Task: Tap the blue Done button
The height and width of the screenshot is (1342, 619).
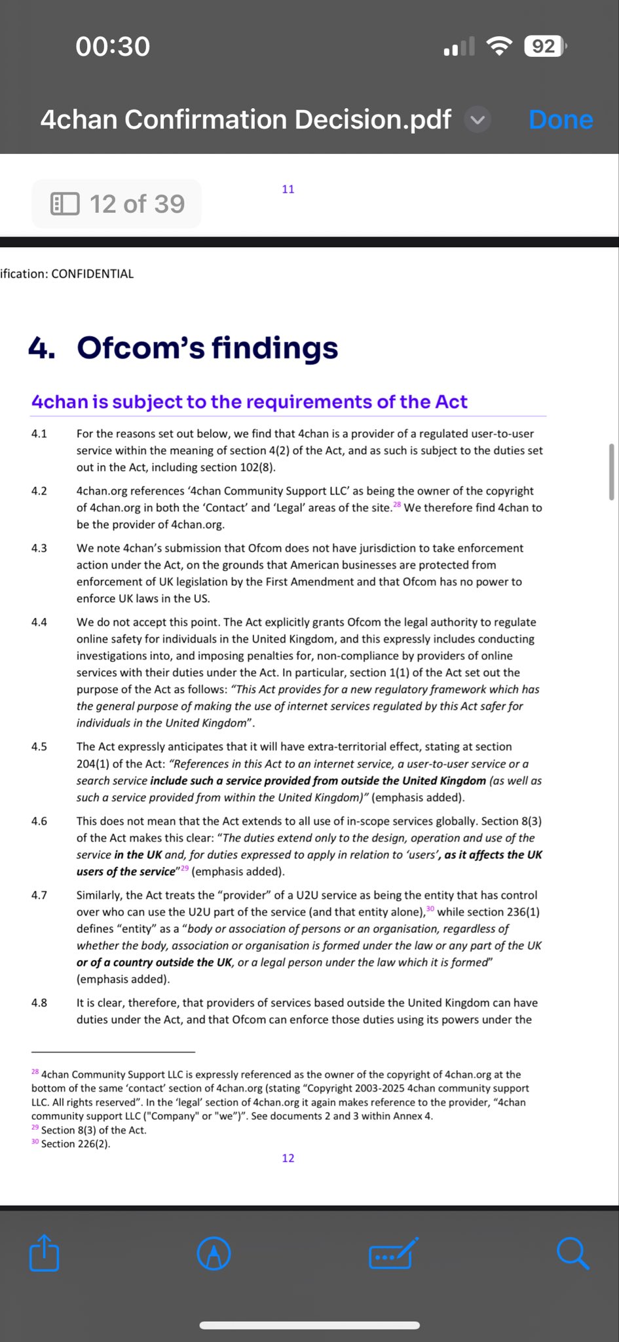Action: (561, 120)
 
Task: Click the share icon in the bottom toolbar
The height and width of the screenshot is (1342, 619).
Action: (45, 1253)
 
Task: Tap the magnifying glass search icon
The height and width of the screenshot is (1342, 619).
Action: (572, 1254)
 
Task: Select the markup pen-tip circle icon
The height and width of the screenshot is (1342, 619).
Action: (214, 1254)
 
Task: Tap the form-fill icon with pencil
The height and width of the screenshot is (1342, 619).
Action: (393, 1254)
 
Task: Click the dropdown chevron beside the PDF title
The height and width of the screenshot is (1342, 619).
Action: (478, 120)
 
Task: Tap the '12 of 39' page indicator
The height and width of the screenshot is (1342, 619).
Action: (117, 204)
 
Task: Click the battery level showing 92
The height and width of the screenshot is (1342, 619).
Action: (544, 47)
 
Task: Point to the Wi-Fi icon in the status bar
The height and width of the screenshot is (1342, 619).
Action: (499, 46)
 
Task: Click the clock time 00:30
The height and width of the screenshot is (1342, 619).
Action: (113, 47)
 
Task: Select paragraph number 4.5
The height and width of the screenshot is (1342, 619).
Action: (39, 746)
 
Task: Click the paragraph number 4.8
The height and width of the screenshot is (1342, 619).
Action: (39, 1003)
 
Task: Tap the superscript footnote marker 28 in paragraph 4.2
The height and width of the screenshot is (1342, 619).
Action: (397, 505)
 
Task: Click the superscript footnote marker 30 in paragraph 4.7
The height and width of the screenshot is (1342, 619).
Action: (430, 909)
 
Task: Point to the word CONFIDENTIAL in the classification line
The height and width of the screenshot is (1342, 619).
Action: (92, 274)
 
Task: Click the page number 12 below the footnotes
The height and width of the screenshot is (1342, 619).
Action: (288, 1158)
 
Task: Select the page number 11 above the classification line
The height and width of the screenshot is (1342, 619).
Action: (288, 189)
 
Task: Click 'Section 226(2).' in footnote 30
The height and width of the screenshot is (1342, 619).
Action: (76, 1143)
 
